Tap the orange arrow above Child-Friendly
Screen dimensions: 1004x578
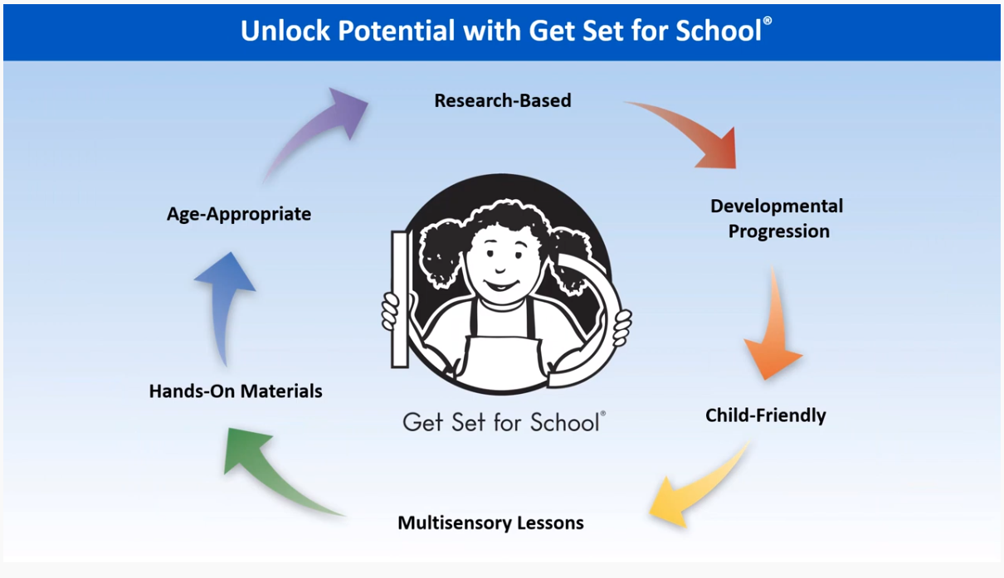click(774, 327)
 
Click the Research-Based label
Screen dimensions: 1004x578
click(503, 100)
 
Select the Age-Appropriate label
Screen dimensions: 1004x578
click(239, 214)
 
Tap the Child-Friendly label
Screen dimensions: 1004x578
click(766, 415)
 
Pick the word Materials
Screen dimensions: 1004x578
click(281, 391)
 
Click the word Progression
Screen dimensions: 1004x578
click(779, 231)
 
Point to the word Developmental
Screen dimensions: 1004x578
click(777, 206)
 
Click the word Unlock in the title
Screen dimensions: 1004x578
click(285, 31)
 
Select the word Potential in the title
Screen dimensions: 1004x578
click(397, 31)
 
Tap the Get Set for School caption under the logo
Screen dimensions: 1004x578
click(504, 423)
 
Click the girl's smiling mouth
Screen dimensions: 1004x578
click(501, 285)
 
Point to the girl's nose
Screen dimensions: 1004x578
click(500, 270)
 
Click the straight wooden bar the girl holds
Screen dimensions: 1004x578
click(400, 299)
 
